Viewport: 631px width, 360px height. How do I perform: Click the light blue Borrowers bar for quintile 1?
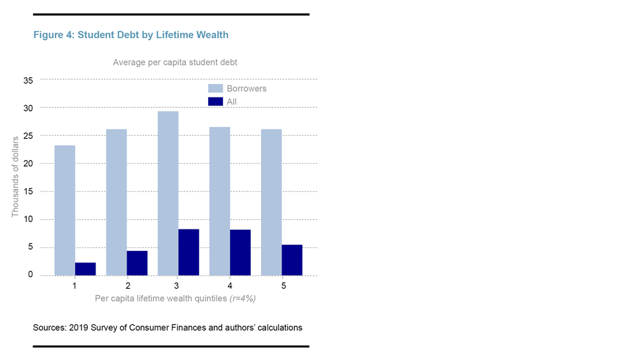click(x=65, y=210)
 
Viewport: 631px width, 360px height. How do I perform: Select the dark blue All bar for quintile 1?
click(x=85, y=269)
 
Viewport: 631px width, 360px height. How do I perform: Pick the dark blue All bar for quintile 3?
click(x=188, y=252)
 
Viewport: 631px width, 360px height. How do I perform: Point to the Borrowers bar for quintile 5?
click(x=271, y=202)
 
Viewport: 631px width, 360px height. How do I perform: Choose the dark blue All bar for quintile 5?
click(x=292, y=260)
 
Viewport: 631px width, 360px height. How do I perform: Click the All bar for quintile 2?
click(x=137, y=263)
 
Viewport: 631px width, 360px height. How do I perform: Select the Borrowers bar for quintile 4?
click(x=220, y=201)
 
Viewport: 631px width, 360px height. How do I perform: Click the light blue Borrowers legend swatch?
click(x=215, y=89)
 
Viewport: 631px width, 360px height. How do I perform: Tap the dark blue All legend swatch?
click(x=215, y=101)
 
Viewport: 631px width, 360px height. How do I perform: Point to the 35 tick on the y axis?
click(x=28, y=80)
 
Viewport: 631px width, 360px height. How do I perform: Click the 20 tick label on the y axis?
click(x=28, y=164)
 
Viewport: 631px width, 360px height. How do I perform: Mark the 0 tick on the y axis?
click(x=31, y=275)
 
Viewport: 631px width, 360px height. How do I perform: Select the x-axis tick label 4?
click(x=231, y=285)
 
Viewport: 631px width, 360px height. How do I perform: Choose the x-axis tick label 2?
click(x=127, y=285)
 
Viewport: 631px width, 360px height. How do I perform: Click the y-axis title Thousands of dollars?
click(x=15, y=176)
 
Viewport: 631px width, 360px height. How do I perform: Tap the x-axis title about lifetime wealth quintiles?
click(x=175, y=298)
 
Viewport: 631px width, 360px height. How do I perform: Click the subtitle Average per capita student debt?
click(x=175, y=62)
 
